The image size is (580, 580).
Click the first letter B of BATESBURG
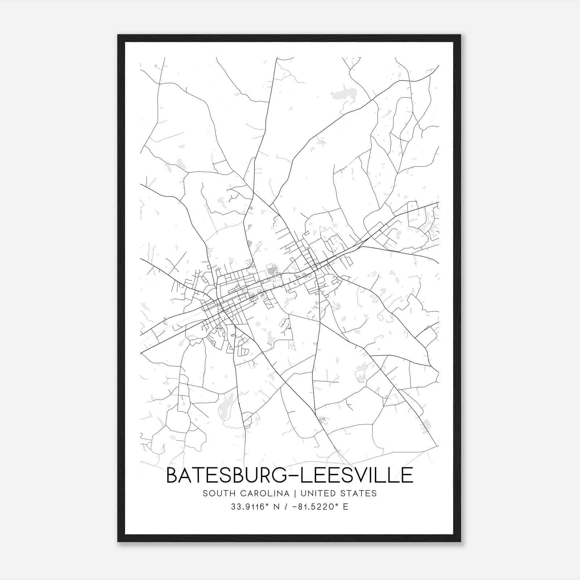pos(172,475)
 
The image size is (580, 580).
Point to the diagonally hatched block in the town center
pos(271,269)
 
